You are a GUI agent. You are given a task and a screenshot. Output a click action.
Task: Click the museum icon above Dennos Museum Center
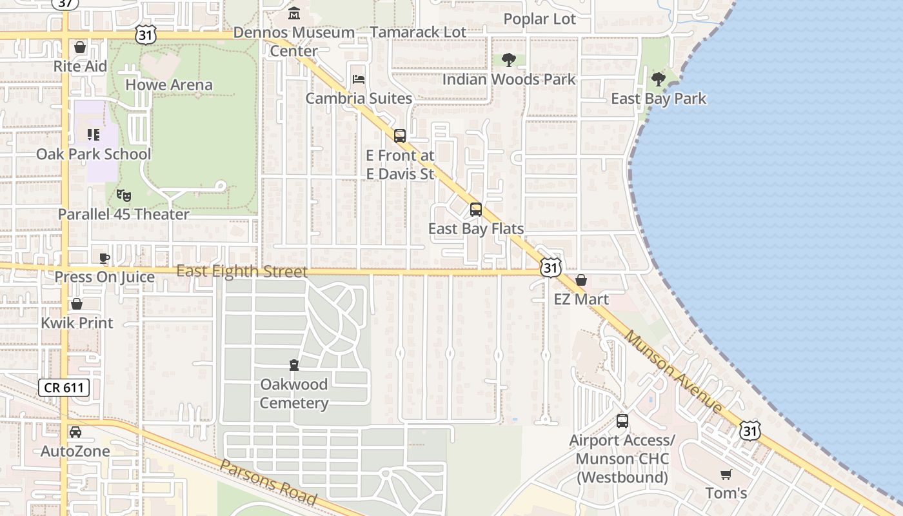pyautogui.click(x=294, y=13)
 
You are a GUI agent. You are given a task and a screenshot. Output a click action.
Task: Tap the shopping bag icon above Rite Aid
pyautogui.click(x=80, y=47)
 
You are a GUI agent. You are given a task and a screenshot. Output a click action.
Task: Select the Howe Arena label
pyautogui.click(x=168, y=84)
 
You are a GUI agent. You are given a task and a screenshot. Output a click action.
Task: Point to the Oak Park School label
pyautogui.click(x=94, y=154)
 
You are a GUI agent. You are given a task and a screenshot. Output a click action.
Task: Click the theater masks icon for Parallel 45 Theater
pyautogui.click(x=123, y=195)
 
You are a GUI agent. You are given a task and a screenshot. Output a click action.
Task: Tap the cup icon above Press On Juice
pyautogui.click(x=104, y=259)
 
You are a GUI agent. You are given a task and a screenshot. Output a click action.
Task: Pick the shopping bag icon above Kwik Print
pyautogui.click(x=77, y=304)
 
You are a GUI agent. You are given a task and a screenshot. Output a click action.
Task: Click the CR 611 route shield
pyautogui.click(x=64, y=388)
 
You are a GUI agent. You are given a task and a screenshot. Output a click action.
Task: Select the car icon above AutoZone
pyautogui.click(x=75, y=432)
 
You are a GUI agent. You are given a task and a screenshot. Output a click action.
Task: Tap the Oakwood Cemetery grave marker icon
pyautogui.click(x=294, y=365)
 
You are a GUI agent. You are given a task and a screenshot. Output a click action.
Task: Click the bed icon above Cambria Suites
pyautogui.click(x=359, y=79)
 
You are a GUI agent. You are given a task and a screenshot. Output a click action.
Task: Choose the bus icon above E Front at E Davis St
pyautogui.click(x=400, y=136)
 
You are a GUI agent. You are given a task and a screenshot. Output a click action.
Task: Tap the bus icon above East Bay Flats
pyautogui.click(x=476, y=209)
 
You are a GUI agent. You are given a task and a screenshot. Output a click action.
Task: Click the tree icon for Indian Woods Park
pyautogui.click(x=509, y=60)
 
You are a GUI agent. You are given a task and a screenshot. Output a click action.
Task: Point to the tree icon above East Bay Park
pyautogui.click(x=658, y=79)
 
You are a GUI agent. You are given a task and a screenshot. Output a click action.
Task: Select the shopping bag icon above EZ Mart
pyautogui.click(x=581, y=280)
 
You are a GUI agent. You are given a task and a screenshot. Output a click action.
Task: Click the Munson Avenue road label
pyautogui.click(x=673, y=372)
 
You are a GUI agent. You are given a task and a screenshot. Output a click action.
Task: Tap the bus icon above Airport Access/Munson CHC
pyautogui.click(x=622, y=421)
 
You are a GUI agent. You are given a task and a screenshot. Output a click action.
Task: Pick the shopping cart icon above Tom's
pyautogui.click(x=726, y=474)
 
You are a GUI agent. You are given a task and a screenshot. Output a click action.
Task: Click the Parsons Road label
pyautogui.click(x=268, y=482)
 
